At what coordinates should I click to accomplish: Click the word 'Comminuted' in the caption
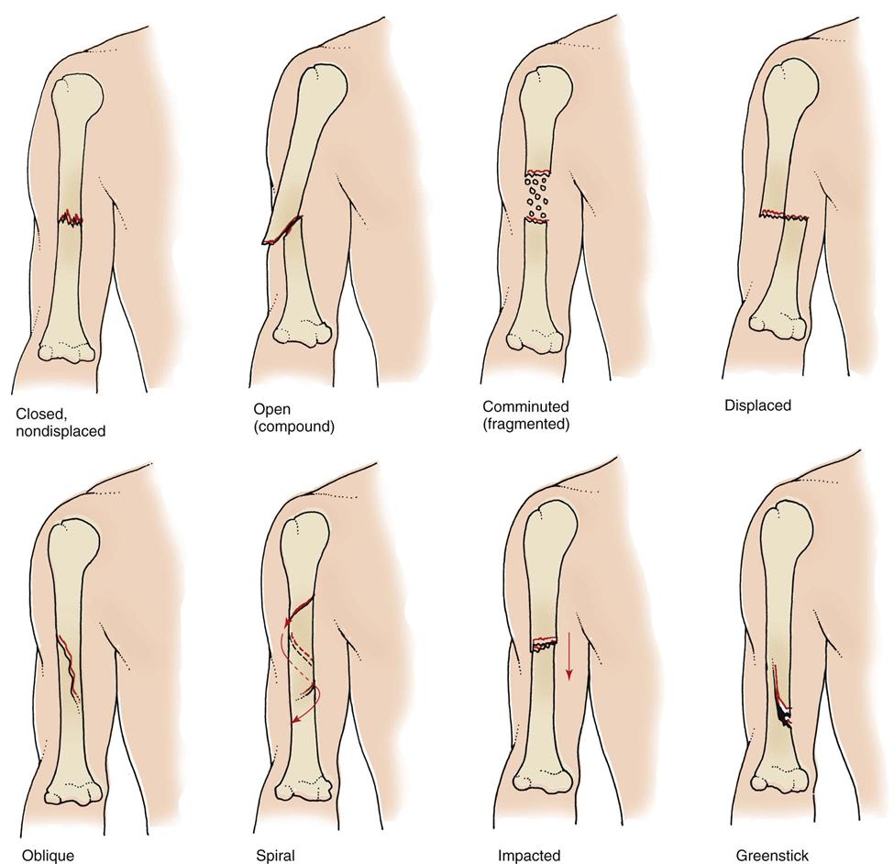tap(525, 406)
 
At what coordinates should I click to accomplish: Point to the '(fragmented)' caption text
tap(526, 424)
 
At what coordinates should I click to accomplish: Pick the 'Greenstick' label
tap(772, 855)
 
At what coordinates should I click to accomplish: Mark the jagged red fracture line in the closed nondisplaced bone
tap(69, 218)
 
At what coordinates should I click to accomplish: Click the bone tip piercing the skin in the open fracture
tap(268, 241)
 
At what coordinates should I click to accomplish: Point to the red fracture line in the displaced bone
tap(784, 216)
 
